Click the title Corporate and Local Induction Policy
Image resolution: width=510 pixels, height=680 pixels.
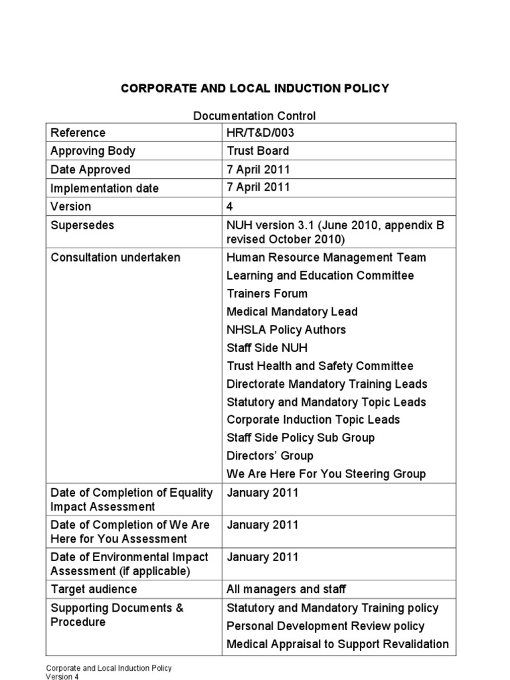pos(254,88)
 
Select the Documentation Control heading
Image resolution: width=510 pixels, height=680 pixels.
pos(254,116)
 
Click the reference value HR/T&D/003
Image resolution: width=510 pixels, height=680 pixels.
pos(260,133)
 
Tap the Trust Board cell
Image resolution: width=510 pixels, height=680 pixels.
pos(258,151)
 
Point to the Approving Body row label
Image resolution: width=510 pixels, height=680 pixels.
pos(92,151)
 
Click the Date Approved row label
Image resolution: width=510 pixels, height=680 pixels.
pos(90,169)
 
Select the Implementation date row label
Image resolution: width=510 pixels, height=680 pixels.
pos(104,188)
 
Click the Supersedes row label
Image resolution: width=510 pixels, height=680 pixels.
pos(82,225)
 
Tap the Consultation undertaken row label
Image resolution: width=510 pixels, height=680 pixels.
pos(115,257)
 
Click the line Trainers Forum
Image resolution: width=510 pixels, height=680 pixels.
pos(267,294)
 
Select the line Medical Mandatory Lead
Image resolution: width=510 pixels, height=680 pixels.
pos(292,311)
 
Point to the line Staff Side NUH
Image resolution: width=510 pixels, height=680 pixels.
pos(267,348)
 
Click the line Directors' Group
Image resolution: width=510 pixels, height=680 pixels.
pos(270,456)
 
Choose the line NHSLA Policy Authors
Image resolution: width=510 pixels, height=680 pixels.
pos(286,329)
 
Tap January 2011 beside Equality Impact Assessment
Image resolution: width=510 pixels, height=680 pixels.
pos(262,493)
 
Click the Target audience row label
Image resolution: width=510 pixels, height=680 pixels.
pos(94,589)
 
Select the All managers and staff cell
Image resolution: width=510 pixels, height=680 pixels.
pos(286,589)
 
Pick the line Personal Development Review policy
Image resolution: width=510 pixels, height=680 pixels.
pos(325,626)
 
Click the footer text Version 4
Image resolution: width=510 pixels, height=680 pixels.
pos(62,677)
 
